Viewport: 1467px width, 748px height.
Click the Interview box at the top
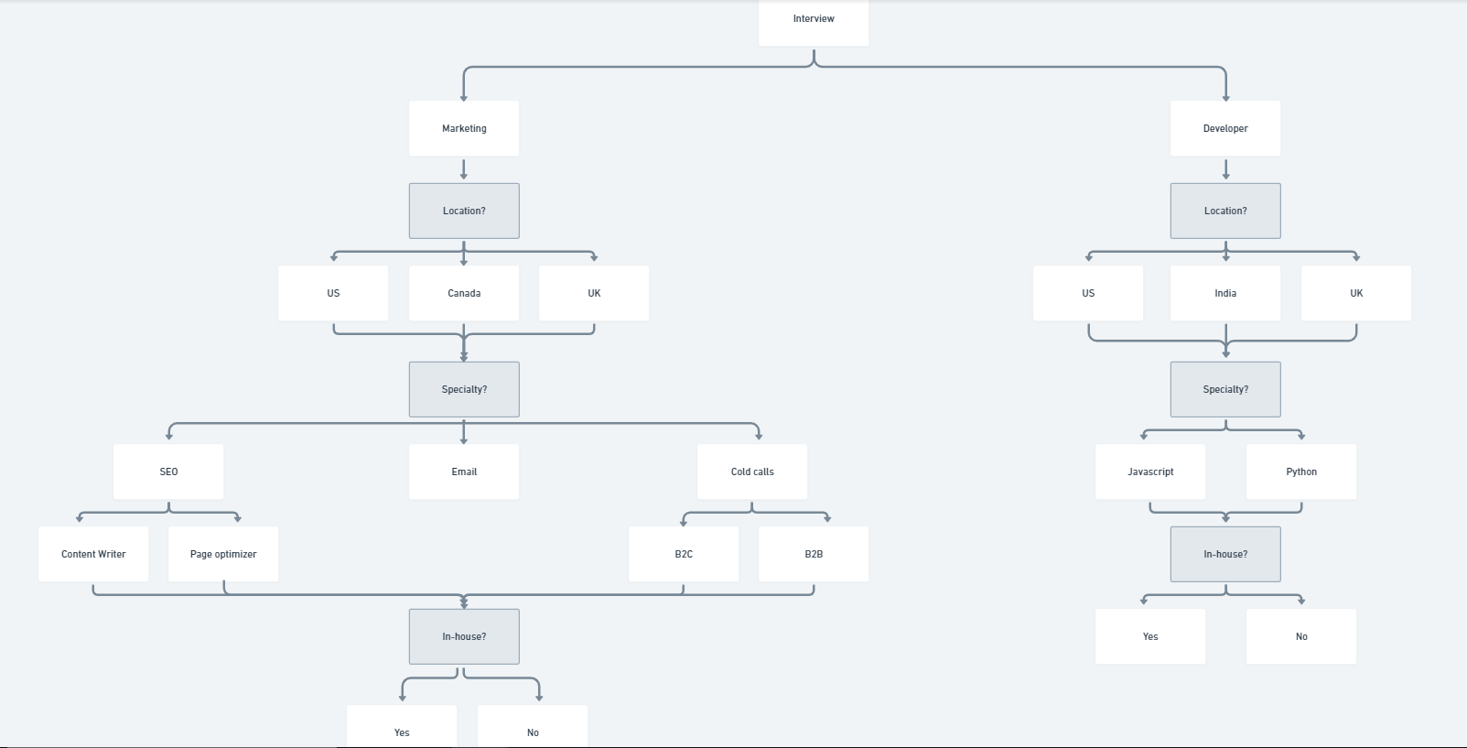pos(814,20)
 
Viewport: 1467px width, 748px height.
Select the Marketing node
pos(464,128)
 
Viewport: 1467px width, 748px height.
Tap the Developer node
pos(1225,128)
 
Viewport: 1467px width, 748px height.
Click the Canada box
pos(464,293)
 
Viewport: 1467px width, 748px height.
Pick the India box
pos(1225,293)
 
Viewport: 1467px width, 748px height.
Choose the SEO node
pos(168,472)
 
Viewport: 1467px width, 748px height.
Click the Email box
pos(464,472)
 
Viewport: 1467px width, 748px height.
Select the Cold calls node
pos(752,472)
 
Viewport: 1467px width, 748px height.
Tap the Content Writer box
pos(93,554)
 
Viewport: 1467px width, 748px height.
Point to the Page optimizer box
pos(223,554)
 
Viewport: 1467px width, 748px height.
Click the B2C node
pos(684,554)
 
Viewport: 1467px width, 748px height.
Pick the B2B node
pos(814,554)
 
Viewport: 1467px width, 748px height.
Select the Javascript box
pos(1150,472)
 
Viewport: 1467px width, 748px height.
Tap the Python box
pos(1301,472)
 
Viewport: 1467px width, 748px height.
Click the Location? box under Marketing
pos(464,211)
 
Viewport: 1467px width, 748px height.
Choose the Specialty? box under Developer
pos(1225,389)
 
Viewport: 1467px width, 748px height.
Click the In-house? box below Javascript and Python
pos(1225,554)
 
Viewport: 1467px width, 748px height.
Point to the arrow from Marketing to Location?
pos(464,169)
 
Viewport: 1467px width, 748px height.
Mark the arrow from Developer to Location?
pos(1225,169)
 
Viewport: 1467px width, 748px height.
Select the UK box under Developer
pos(1356,293)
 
